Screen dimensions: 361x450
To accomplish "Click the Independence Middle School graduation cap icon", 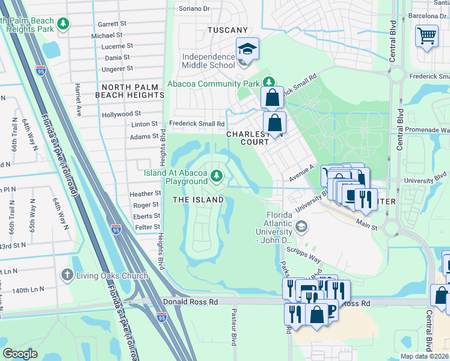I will [x=247, y=49].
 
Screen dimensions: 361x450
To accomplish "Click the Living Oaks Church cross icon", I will [x=66, y=276].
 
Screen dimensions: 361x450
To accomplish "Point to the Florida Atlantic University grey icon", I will [x=302, y=227].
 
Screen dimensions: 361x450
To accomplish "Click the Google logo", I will [x=20, y=354].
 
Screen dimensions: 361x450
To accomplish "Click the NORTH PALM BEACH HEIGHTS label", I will [x=129, y=91].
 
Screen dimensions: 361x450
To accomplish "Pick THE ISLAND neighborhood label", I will [x=198, y=199].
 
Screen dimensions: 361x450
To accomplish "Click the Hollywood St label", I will [x=121, y=113].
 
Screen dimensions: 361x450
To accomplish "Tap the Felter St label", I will [x=147, y=227].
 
